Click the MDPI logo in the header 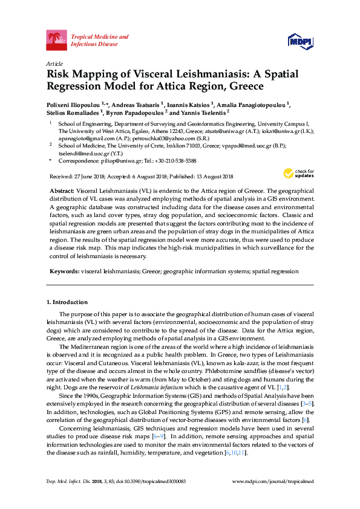(x=300, y=41)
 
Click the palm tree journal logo (x=57, y=41)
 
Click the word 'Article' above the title (x=54, y=63)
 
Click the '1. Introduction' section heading (x=67, y=302)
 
